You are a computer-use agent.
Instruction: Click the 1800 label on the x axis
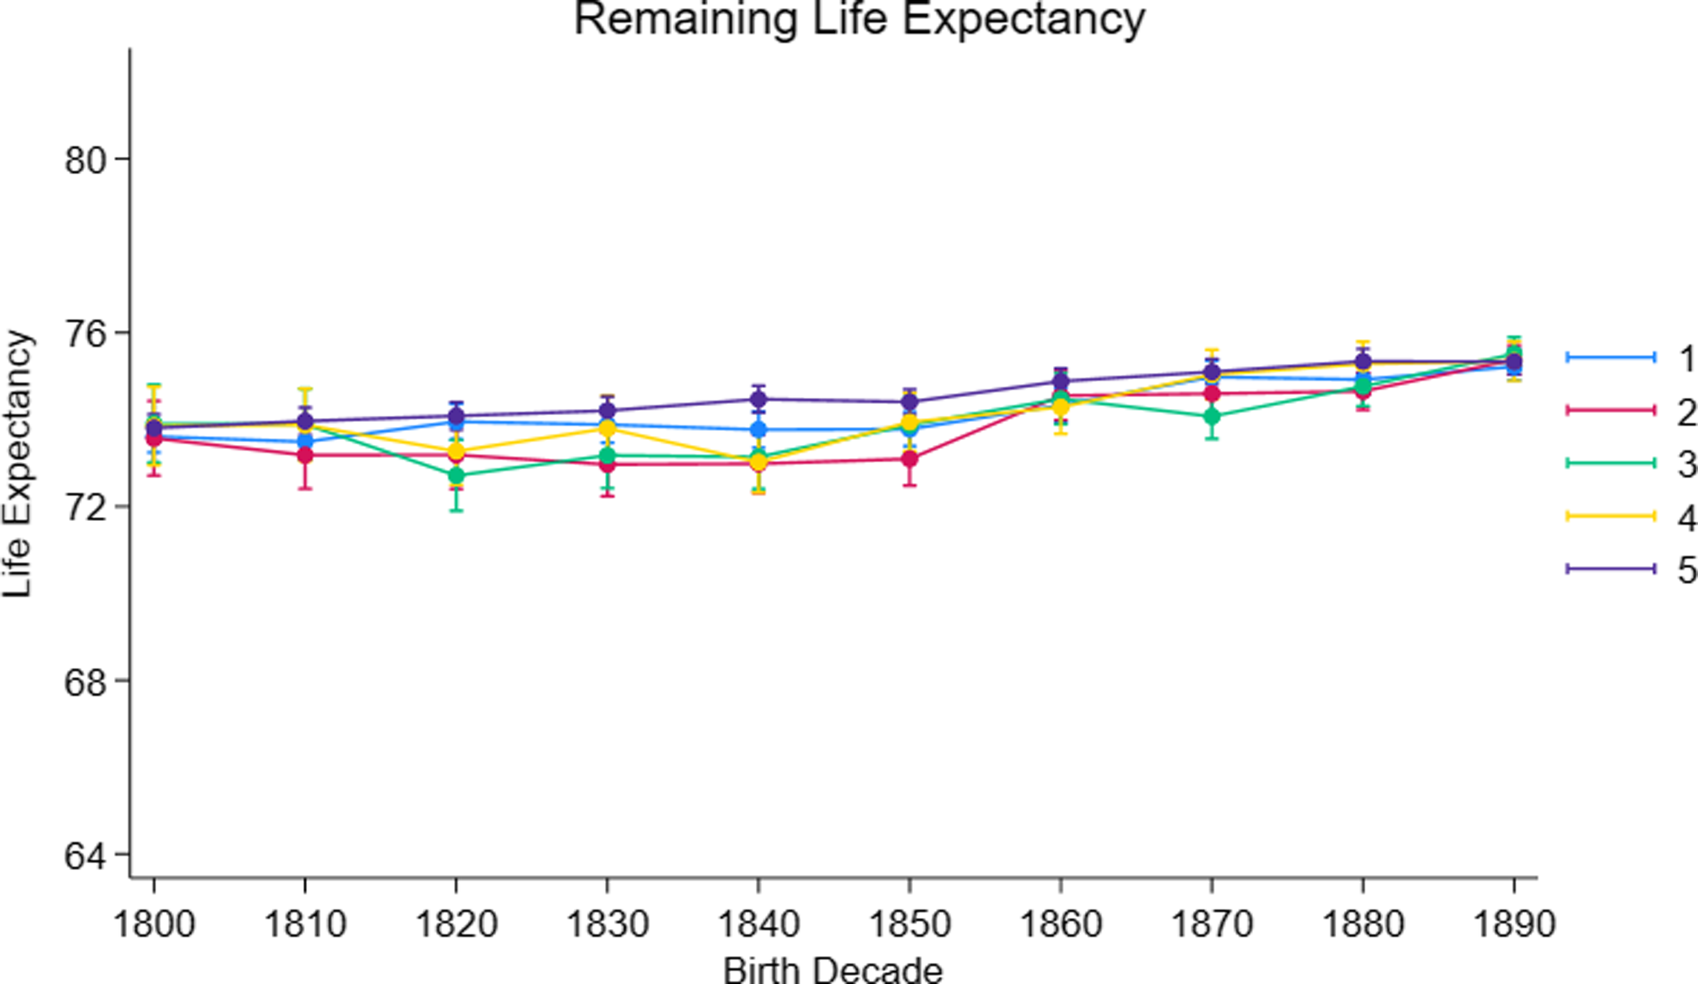154,924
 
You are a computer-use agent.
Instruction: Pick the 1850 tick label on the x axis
910,924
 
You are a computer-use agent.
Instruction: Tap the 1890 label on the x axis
1514,924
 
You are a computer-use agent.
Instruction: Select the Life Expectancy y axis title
17,465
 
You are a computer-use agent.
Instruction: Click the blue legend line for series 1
1610,358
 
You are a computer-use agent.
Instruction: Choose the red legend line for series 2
1610,410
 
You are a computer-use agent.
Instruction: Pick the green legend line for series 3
1610,462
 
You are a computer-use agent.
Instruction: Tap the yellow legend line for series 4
1610,516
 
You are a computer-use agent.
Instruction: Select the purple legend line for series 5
1610,569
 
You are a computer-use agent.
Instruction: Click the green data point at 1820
456,476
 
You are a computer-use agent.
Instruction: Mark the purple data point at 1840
758,399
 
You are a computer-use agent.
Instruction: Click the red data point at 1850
910,459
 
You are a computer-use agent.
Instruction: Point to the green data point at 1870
1212,416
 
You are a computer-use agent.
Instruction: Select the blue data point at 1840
758,429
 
